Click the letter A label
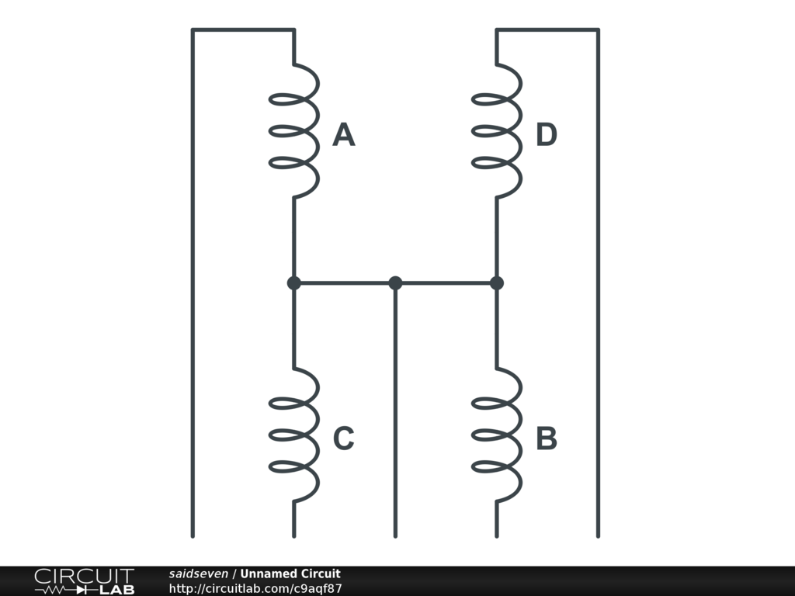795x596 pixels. point(344,136)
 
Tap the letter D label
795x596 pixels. point(547,136)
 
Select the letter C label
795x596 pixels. point(344,439)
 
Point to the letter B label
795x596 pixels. point(547,439)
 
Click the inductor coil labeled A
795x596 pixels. point(295,129)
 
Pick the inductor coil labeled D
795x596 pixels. point(498,129)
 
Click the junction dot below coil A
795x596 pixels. point(294,283)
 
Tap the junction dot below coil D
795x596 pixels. point(497,283)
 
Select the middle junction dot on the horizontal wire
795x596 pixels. point(395,283)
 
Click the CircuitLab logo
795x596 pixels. point(84,581)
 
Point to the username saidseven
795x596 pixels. point(198,574)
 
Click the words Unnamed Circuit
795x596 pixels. point(290,574)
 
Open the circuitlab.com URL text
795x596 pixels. point(255,588)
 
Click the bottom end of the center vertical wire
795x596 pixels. point(395,535)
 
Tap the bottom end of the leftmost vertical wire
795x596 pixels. point(193,535)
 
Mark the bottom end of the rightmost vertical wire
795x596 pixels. point(598,535)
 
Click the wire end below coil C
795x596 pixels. point(294,535)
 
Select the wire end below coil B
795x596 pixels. point(497,535)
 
